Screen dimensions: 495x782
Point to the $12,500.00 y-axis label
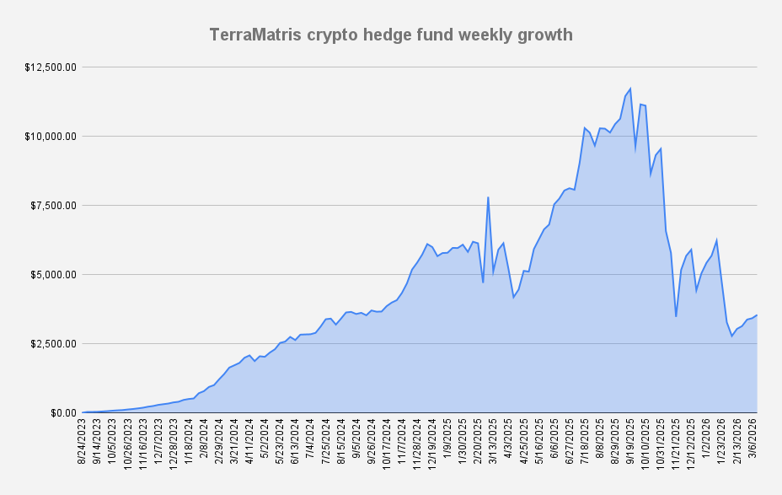(x=51, y=67)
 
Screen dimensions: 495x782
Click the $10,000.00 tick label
(x=51, y=136)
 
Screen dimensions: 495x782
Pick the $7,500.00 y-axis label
(x=53, y=205)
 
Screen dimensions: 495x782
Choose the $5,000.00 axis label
(x=53, y=274)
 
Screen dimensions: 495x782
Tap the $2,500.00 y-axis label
(x=53, y=343)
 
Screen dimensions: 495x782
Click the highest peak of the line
(x=629, y=89)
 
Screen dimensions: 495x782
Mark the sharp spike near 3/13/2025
(x=488, y=197)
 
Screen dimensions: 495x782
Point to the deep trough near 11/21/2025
(x=676, y=316)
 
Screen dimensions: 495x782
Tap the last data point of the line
(x=757, y=315)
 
